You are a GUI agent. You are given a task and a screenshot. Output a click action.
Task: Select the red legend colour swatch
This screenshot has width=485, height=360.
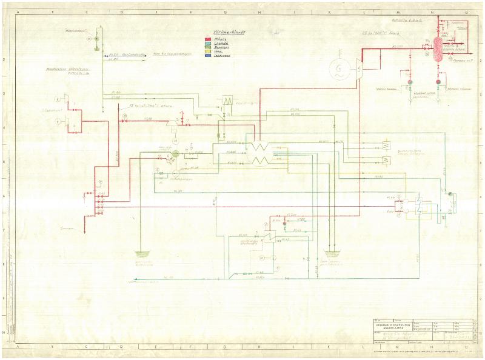tap(208, 38)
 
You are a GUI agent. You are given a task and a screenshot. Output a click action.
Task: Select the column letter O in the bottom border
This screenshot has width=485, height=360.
tap(466, 348)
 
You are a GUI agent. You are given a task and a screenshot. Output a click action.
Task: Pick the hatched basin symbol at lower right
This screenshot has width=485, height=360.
tap(332, 253)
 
